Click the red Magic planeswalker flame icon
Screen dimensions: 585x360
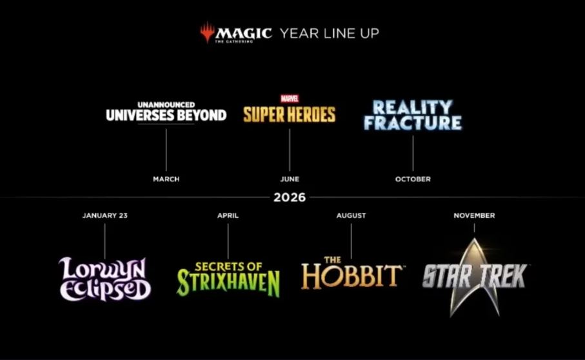(207, 32)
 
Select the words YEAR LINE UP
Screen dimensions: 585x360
(330, 34)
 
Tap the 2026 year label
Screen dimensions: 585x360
(290, 197)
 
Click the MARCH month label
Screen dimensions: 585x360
(166, 179)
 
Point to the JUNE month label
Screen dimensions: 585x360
(290, 179)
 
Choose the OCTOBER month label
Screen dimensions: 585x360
(413, 179)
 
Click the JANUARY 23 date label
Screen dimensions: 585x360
(105, 215)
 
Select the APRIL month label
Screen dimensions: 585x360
(228, 215)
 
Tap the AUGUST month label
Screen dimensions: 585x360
(351, 215)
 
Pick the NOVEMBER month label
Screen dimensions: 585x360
(474, 215)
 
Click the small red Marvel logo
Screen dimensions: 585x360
(290, 99)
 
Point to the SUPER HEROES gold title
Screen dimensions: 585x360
(290, 115)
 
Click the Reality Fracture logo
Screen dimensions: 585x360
(413, 115)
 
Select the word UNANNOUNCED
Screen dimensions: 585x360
(166, 105)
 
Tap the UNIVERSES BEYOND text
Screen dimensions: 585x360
(166, 115)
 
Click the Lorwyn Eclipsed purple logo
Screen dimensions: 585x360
(105, 279)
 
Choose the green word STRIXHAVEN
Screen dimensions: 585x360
(228, 283)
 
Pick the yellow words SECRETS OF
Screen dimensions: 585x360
(228, 266)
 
